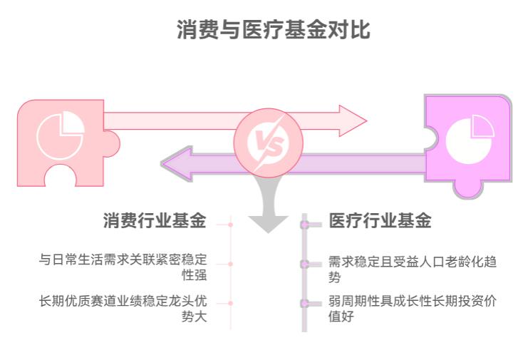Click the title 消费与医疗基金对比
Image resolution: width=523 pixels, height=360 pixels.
[x=274, y=31]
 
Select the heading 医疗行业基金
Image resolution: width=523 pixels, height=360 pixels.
[x=380, y=221]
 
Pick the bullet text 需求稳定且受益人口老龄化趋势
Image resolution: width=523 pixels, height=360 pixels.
[x=412, y=269]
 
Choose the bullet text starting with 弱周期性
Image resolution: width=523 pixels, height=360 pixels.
[x=412, y=308]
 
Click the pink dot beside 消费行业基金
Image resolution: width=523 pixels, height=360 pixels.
[x=230, y=224]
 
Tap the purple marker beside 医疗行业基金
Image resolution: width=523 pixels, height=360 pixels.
[x=305, y=225]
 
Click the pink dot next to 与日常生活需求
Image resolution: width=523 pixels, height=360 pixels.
[x=230, y=264]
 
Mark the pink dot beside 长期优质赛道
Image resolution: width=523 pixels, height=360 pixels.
[x=230, y=303]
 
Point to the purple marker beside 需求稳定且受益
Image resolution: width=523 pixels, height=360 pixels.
[x=305, y=264]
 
